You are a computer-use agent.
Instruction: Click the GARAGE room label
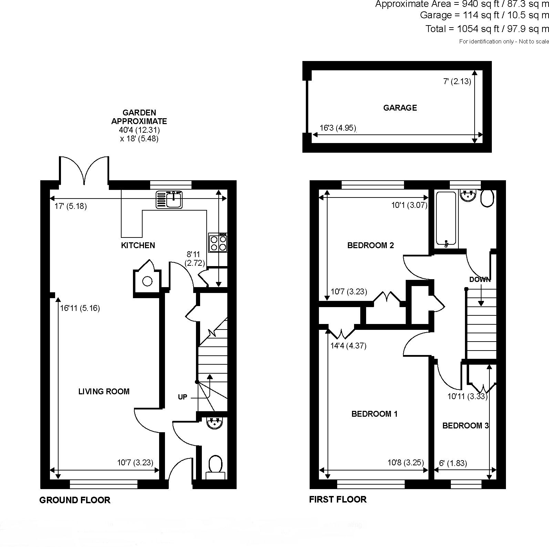[x=400, y=108]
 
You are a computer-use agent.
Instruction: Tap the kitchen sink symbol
[x=169, y=200]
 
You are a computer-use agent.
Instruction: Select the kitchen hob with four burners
[x=218, y=243]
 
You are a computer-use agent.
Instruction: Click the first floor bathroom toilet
[x=487, y=198]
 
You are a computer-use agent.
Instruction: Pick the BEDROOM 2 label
[x=370, y=245]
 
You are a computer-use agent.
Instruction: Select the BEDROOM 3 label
[x=465, y=426]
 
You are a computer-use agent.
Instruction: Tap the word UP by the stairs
[x=183, y=397]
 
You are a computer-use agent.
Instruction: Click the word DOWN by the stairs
[x=480, y=279]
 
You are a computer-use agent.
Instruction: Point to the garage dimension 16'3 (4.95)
[x=338, y=128]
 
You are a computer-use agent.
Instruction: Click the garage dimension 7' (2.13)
[x=457, y=82]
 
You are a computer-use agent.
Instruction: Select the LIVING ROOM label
[x=104, y=391]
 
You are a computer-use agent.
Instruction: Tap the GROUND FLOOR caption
[x=75, y=500]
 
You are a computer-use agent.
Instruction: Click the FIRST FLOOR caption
[x=338, y=499]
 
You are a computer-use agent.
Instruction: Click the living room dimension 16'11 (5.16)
[x=80, y=308]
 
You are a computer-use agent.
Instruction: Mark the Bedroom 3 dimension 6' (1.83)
[x=453, y=463]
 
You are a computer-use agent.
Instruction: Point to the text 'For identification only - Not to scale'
[x=504, y=41]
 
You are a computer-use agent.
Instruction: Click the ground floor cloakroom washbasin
[x=216, y=423]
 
